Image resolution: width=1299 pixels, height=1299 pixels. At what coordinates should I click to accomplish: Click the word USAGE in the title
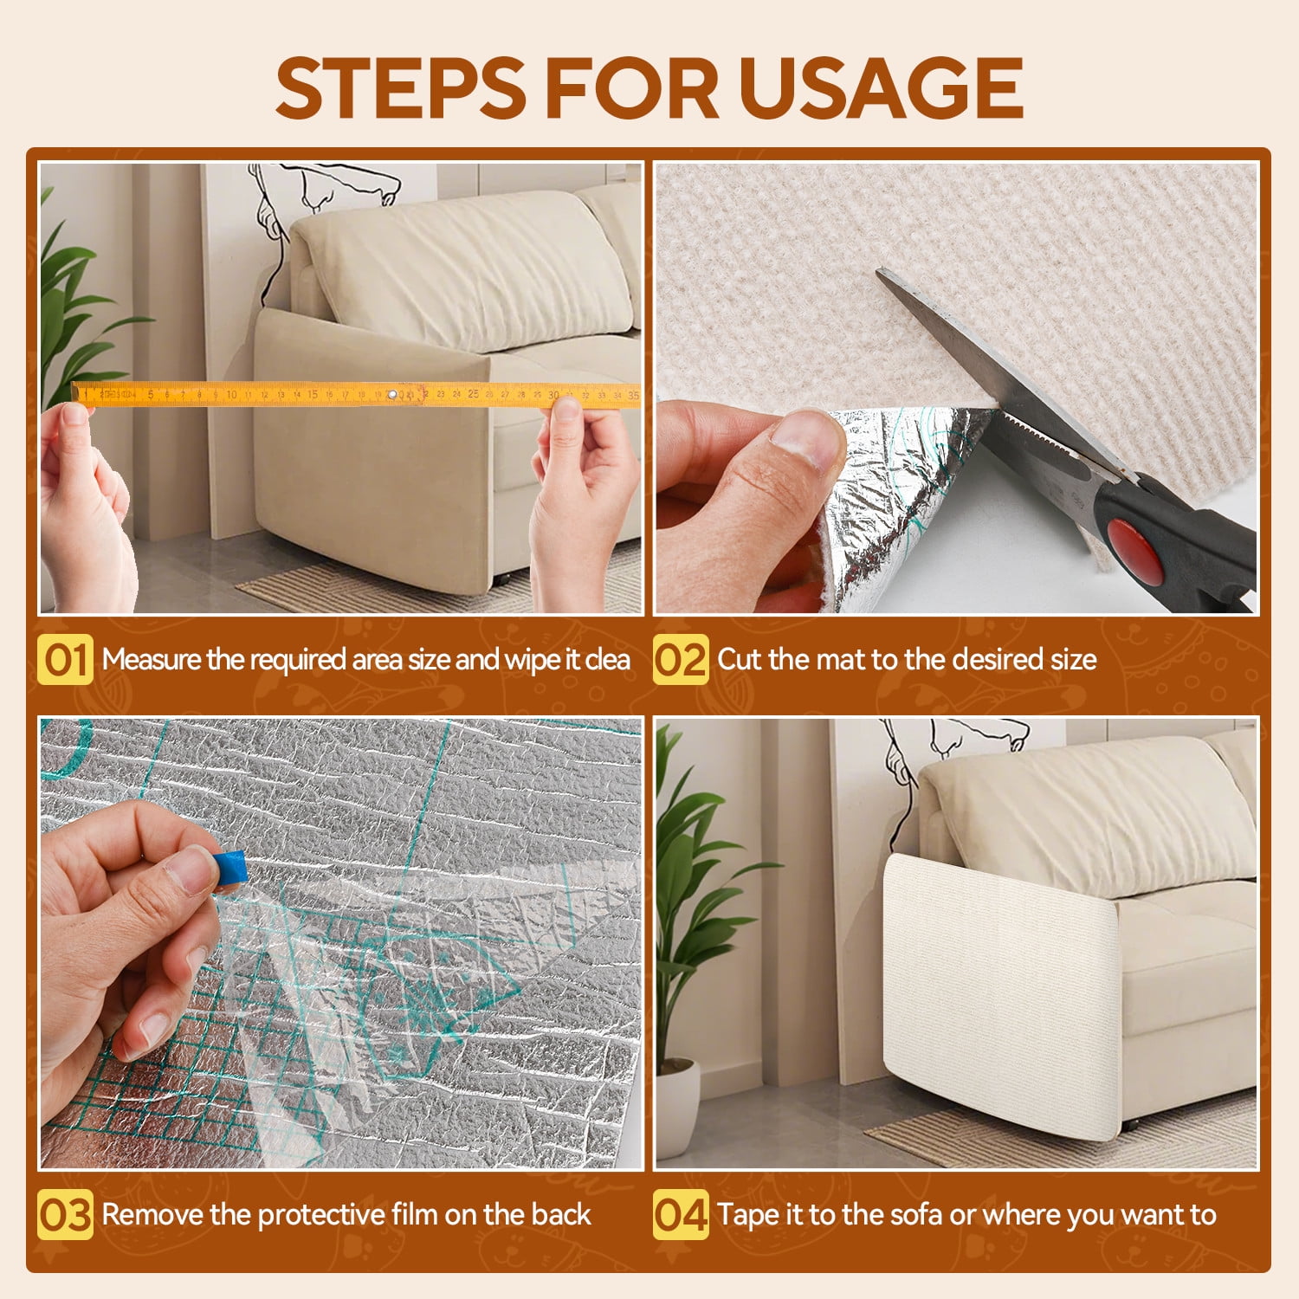pyautogui.click(x=881, y=87)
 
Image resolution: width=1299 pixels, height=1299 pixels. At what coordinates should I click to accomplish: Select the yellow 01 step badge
pyautogui.click(x=65, y=660)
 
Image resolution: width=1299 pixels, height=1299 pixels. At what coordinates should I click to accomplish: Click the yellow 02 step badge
pyautogui.click(x=681, y=660)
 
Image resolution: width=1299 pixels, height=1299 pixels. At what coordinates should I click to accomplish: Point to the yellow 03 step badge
pyautogui.click(x=65, y=1215)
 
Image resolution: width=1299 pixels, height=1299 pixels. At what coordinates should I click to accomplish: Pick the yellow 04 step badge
pyautogui.click(x=681, y=1215)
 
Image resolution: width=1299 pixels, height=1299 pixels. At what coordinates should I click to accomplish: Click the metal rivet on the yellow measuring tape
pyautogui.click(x=391, y=395)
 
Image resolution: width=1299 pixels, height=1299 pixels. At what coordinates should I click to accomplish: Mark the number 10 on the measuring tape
pyautogui.click(x=231, y=395)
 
